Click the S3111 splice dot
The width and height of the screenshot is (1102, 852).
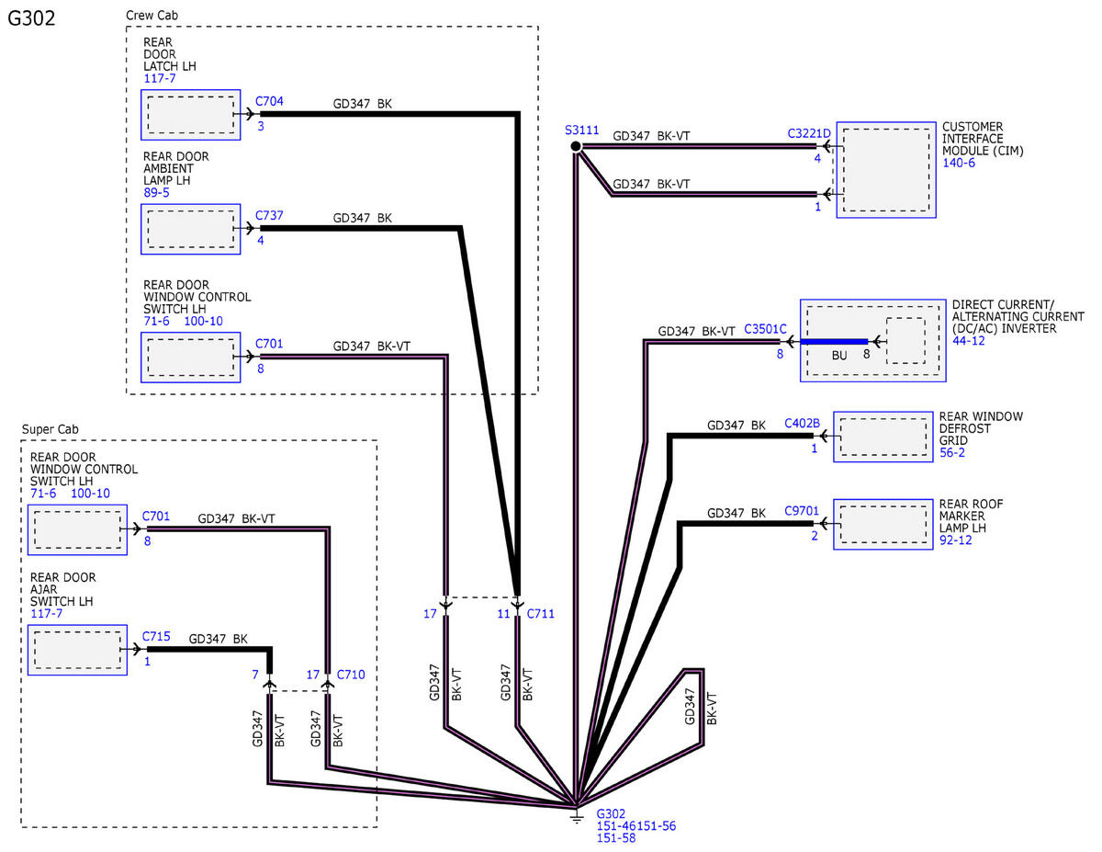click(x=576, y=146)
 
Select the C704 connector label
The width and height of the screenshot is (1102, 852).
click(x=269, y=101)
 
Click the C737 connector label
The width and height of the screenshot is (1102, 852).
click(x=269, y=215)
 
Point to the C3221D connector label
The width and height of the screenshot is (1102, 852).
click(x=809, y=133)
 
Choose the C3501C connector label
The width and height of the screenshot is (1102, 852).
click(x=765, y=329)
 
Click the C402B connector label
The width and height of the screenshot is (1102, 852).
click(x=802, y=423)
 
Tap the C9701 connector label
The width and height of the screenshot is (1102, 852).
click(x=802, y=510)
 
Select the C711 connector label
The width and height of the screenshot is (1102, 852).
click(x=541, y=614)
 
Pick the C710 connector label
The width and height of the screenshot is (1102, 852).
click(x=351, y=675)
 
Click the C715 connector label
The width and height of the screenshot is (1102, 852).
click(x=156, y=636)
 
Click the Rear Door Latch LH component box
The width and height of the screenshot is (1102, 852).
click(x=191, y=115)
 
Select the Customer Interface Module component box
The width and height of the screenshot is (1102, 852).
click(x=886, y=170)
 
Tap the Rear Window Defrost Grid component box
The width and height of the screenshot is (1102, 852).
click(x=883, y=437)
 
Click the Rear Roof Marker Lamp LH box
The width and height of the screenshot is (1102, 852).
click(x=883, y=524)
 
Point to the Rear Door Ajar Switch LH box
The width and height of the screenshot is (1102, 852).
click(x=77, y=650)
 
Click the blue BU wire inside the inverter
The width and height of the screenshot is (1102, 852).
click(x=834, y=342)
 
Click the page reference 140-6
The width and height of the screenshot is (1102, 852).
click(x=959, y=163)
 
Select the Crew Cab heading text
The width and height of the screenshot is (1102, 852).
click(x=152, y=16)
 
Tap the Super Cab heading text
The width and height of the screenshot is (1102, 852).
click(x=50, y=429)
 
